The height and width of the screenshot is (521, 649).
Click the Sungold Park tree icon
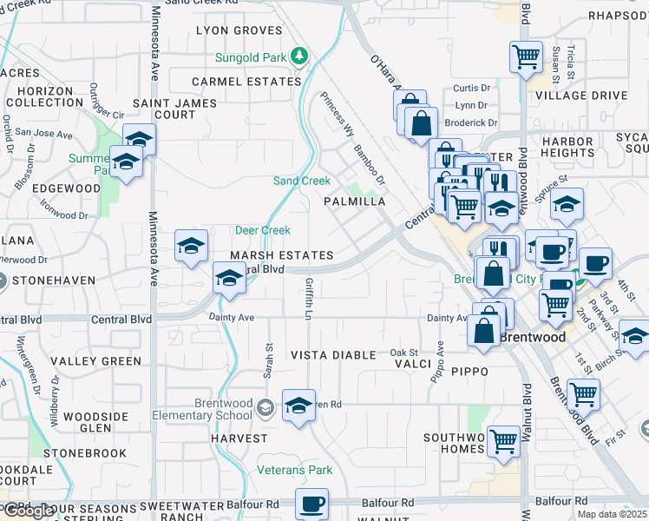click(299, 56)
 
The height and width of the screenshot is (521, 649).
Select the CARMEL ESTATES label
click(246, 82)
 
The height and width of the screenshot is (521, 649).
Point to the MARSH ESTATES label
click(281, 256)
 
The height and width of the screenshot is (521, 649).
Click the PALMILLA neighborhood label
click(354, 201)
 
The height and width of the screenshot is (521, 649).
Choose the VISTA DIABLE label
click(333, 355)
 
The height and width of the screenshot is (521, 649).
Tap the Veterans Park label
click(295, 471)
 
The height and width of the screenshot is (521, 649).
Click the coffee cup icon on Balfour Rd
click(311, 504)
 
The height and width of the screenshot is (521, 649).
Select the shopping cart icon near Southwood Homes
click(503, 441)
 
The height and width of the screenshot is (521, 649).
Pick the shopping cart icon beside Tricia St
click(526, 56)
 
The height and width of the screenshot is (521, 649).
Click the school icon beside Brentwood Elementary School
click(298, 406)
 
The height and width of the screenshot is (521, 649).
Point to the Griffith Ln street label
click(309, 298)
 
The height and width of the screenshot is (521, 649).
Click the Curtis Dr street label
click(472, 89)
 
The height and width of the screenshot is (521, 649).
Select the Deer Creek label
click(262, 230)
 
